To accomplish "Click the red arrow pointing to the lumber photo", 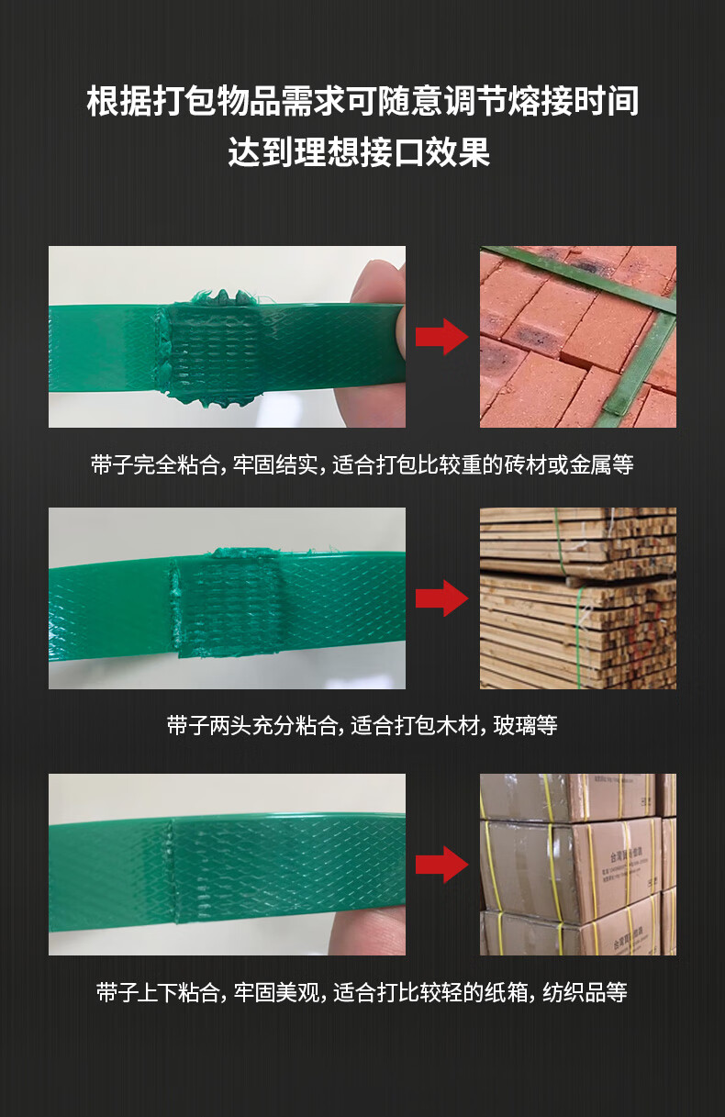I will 441,598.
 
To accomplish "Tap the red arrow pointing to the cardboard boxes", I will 441,865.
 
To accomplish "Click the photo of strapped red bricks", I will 578,336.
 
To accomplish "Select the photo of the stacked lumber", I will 578,598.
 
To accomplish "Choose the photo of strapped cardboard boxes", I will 578,865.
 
